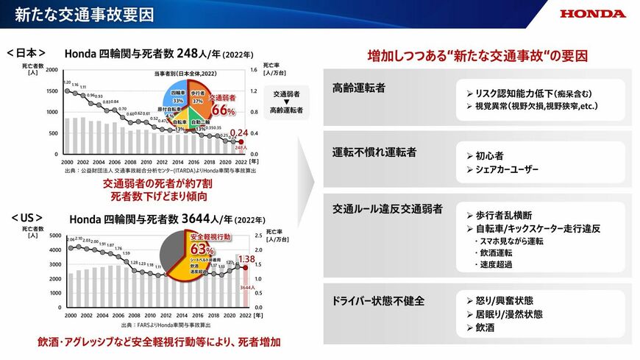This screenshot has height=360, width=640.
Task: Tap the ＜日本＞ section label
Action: [x=26, y=53]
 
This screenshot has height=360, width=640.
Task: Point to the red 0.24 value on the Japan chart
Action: [x=240, y=133]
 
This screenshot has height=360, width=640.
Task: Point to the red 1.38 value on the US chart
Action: [x=246, y=260]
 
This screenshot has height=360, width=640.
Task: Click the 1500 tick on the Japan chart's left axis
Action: [x=51, y=91]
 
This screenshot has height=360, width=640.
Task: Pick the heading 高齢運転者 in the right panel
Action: [x=359, y=88]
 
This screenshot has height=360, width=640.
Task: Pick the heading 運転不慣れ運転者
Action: [x=374, y=152]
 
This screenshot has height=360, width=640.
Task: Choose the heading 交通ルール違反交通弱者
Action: [x=388, y=209]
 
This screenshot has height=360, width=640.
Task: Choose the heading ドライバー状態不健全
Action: [x=379, y=300]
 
